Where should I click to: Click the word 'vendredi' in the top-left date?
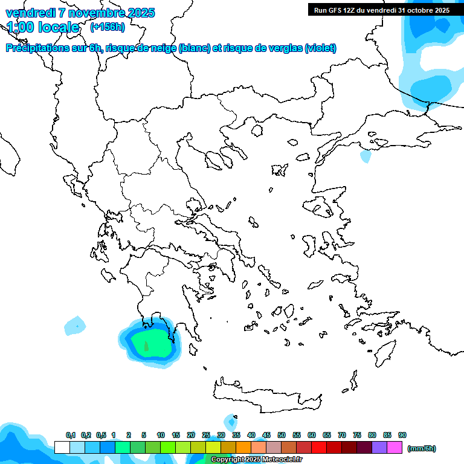pos(28,13)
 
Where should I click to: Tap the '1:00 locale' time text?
pos(43,27)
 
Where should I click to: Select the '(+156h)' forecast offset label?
pos(107,27)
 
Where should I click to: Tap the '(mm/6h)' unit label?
pos(422,448)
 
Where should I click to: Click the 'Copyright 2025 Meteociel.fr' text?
pos(256,459)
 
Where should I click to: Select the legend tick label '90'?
pos(402,435)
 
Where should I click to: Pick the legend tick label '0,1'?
pos(71,435)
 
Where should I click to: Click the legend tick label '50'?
pos(282,435)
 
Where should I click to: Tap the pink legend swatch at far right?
pos(395,447)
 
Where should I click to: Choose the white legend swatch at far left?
pos(62,447)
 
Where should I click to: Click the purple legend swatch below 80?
pos(379,447)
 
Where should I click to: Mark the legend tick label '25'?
pos(206,435)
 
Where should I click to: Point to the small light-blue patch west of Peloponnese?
pos(76,325)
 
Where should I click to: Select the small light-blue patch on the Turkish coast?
pos(366,156)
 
